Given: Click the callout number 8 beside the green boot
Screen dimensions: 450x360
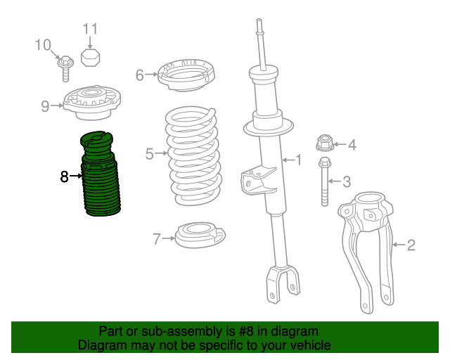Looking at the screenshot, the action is pyautogui.click(x=64, y=176).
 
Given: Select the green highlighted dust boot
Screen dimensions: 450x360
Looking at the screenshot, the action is pyautogui.click(x=100, y=174).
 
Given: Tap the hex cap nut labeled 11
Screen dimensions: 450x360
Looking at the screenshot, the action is pyautogui.click(x=91, y=58).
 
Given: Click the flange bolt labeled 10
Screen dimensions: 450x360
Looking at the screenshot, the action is pyautogui.click(x=65, y=68).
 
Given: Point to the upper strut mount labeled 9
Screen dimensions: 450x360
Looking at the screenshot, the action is pyautogui.click(x=92, y=103).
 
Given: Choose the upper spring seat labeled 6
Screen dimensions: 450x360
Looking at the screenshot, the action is pyautogui.click(x=186, y=75).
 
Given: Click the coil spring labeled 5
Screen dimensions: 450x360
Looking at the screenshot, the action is pyautogui.click(x=193, y=156).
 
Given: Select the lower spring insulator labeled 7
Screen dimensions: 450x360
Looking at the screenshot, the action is pyautogui.click(x=200, y=235).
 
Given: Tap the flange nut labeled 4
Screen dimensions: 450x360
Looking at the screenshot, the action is pyautogui.click(x=325, y=143).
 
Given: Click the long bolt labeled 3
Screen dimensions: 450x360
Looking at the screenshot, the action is pyautogui.click(x=325, y=181).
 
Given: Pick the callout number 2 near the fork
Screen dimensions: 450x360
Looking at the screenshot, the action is pyautogui.click(x=411, y=245).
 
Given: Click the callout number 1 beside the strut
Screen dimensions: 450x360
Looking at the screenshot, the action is pyautogui.click(x=299, y=160).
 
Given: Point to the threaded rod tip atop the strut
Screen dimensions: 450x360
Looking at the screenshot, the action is pyautogui.click(x=259, y=22).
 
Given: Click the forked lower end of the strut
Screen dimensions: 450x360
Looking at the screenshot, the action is pyautogui.click(x=283, y=283).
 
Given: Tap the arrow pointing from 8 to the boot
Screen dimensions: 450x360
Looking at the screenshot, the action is pyautogui.click(x=76, y=176).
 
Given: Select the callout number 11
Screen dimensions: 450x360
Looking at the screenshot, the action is pyautogui.click(x=90, y=29).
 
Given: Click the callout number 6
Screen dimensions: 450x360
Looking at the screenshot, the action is pyautogui.click(x=139, y=75).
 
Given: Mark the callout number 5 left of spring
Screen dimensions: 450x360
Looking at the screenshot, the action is pyautogui.click(x=150, y=154).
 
